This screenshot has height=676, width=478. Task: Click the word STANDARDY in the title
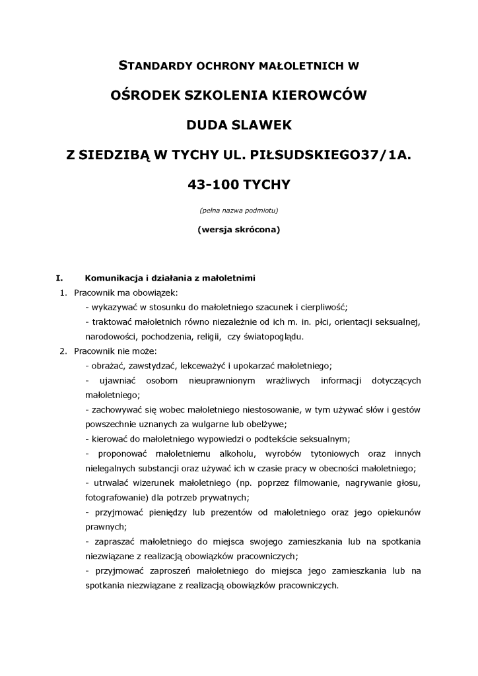pyautogui.click(x=153, y=66)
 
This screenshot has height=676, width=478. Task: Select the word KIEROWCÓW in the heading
pyautogui.click(x=316, y=95)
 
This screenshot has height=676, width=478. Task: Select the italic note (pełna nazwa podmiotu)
pyautogui.click(x=238, y=211)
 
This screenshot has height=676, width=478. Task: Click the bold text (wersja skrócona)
pyautogui.click(x=238, y=230)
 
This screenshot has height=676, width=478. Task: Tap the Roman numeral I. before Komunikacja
pyautogui.click(x=59, y=278)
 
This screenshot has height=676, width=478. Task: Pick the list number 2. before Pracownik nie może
pyautogui.click(x=63, y=351)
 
